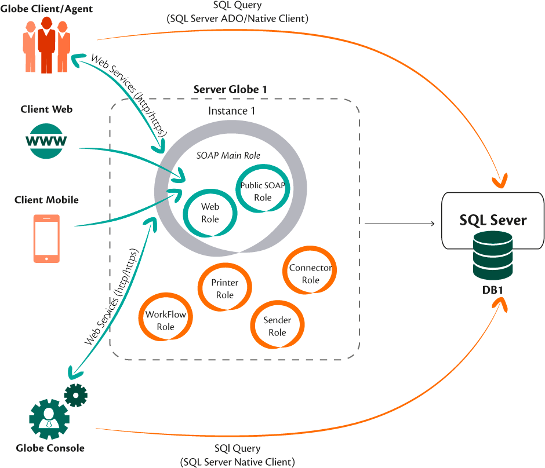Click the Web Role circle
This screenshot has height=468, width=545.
[210, 213]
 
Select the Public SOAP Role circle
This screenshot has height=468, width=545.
[263, 191]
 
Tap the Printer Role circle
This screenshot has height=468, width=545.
[225, 288]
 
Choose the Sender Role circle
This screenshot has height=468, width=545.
[277, 326]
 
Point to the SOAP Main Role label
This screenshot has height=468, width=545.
[228, 155]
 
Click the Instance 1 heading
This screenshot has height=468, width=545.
[231, 111]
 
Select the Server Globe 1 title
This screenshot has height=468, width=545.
[230, 90]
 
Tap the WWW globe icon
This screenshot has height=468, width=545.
[46, 141]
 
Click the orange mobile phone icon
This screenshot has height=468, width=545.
[46, 239]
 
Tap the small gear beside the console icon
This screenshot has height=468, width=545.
[75, 395]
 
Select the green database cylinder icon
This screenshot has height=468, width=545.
[492, 256]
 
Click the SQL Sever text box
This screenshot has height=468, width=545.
[493, 220]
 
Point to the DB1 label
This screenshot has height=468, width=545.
[492, 290]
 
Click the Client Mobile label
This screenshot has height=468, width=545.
[46, 200]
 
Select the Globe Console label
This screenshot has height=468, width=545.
[50, 448]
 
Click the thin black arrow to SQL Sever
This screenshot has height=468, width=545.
[400, 224]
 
